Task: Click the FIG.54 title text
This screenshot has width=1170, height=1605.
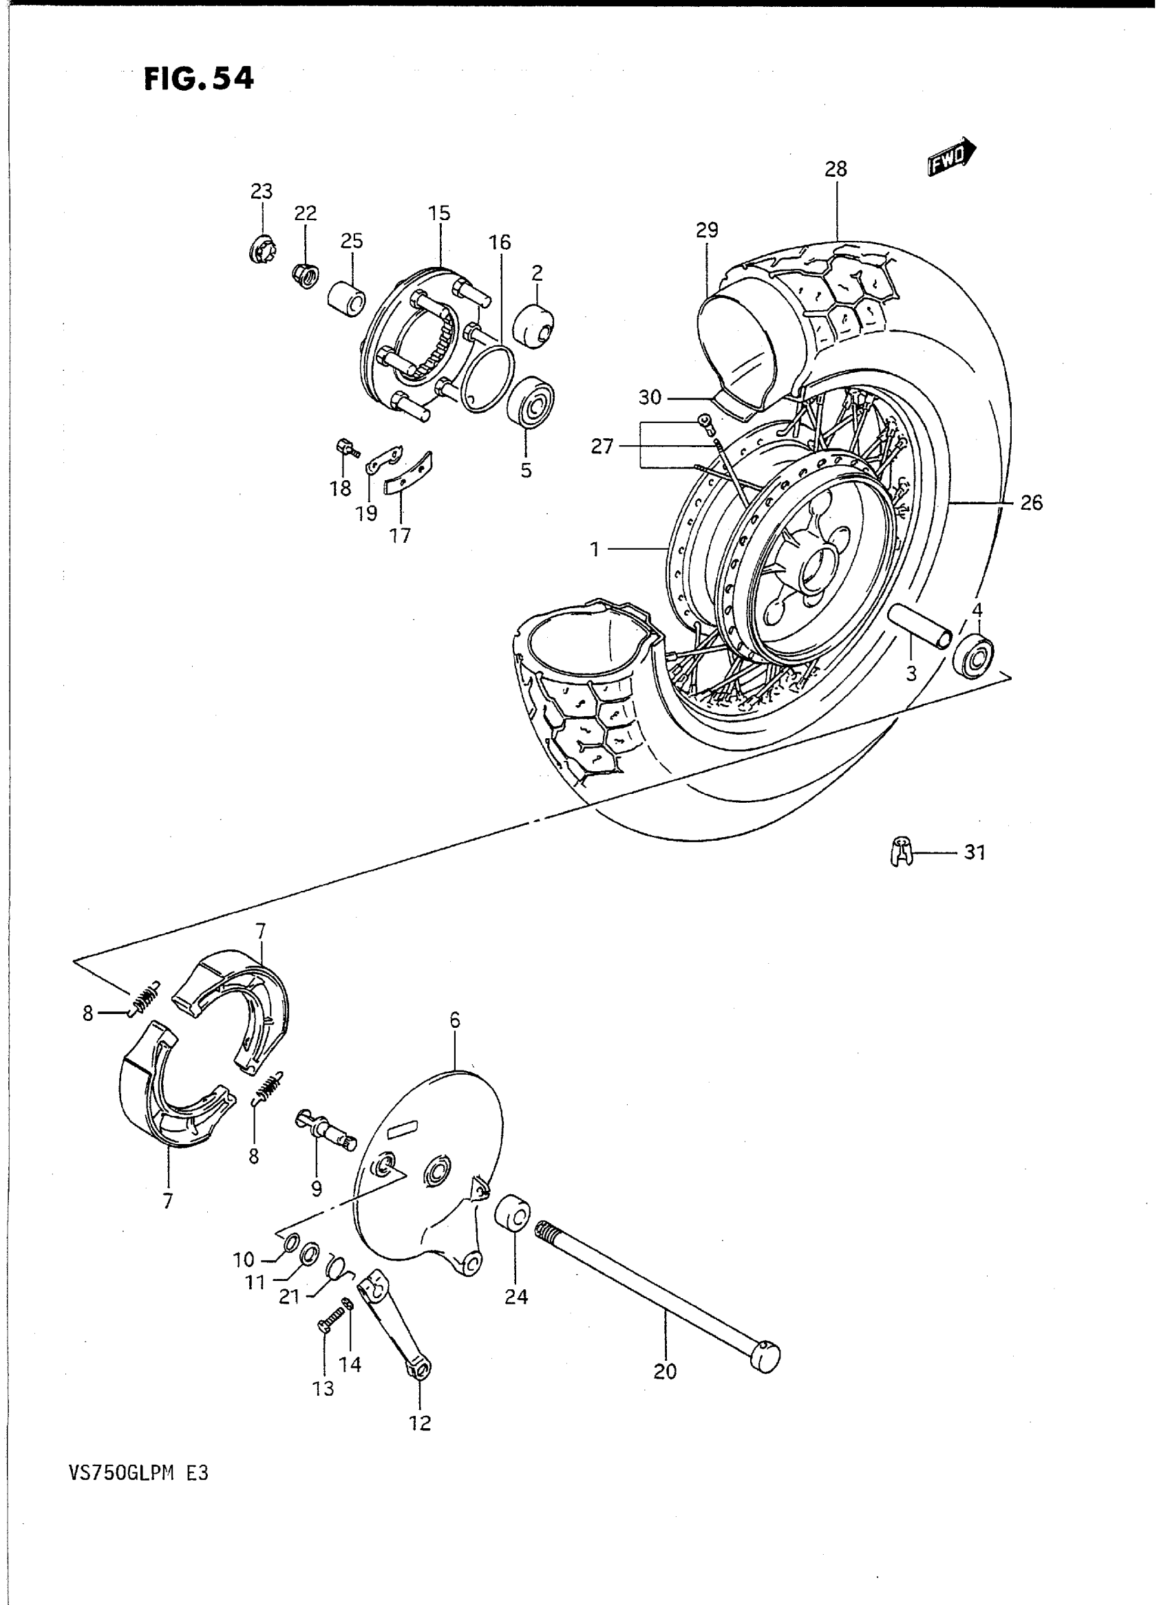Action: (x=198, y=78)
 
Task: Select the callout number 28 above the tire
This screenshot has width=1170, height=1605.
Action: (x=836, y=169)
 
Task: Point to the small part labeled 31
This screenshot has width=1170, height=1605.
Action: (x=901, y=852)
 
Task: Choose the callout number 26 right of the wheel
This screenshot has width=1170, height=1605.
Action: (x=1031, y=503)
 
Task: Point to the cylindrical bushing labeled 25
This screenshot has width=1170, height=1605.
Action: (x=347, y=297)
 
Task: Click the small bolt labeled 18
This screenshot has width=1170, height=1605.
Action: (x=345, y=448)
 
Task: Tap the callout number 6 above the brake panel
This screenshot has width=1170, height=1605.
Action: (x=455, y=1020)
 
